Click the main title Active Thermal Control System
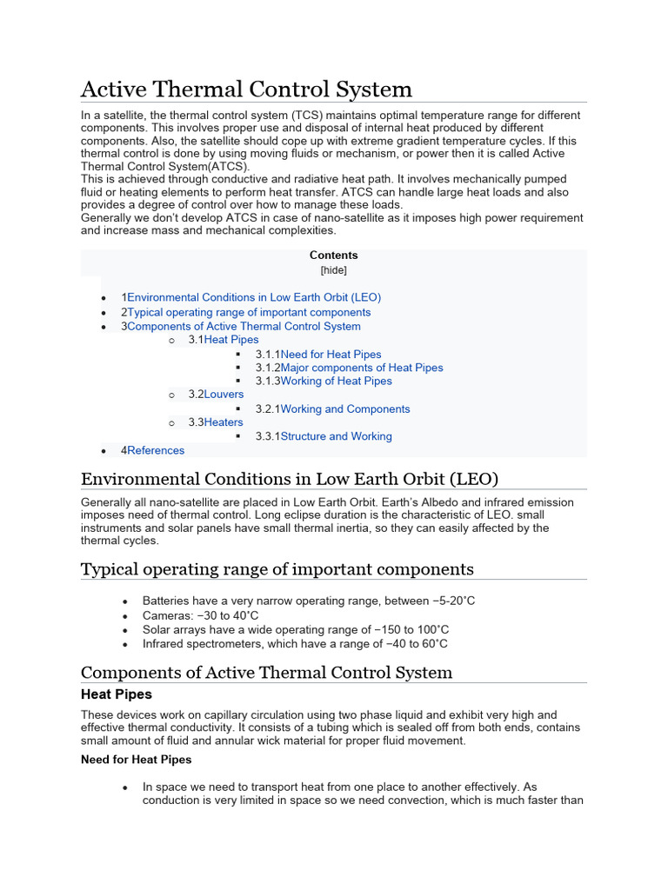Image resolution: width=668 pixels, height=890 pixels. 246,89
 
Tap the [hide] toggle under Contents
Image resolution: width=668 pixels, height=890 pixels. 333,270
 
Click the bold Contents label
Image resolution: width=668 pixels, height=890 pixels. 333,256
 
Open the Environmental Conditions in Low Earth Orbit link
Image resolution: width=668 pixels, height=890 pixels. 254,297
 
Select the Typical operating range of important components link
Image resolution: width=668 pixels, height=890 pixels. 249,312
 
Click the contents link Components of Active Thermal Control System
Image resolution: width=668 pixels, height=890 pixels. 244,327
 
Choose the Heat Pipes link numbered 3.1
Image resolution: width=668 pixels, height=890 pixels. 231,340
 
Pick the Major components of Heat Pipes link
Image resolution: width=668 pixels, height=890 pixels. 362,368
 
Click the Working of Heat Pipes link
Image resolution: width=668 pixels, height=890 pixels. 336,381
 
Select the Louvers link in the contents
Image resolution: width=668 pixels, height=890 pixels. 224,395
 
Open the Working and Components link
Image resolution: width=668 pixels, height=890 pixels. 345,409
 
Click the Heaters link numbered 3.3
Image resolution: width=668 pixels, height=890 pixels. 224,422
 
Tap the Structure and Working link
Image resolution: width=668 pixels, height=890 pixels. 336,436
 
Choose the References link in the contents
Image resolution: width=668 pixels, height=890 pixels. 156,450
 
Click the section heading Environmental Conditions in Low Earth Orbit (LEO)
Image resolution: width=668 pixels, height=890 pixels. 290,479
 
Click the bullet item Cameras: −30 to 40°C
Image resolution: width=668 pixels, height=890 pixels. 201,615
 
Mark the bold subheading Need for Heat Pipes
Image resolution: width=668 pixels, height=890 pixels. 136,760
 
